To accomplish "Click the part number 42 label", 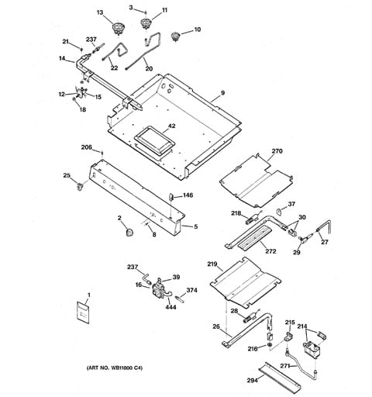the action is pyautogui.click(x=172, y=126).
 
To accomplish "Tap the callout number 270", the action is pyautogui.click(x=277, y=151).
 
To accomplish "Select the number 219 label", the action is pyautogui.click(x=212, y=264).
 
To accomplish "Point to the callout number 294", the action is pyautogui.click(x=253, y=380).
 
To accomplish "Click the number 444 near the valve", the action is pyautogui.click(x=170, y=307).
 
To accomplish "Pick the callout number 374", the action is pyautogui.click(x=192, y=290).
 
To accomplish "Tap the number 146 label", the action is pyautogui.click(x=188, y=195).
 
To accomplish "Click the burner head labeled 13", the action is pyautogui.click(x=119, y=28).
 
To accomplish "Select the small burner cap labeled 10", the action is pyautogui.click(x=175, y=36).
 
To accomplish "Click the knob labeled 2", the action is pyautogui.click(x=130, y=232).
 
